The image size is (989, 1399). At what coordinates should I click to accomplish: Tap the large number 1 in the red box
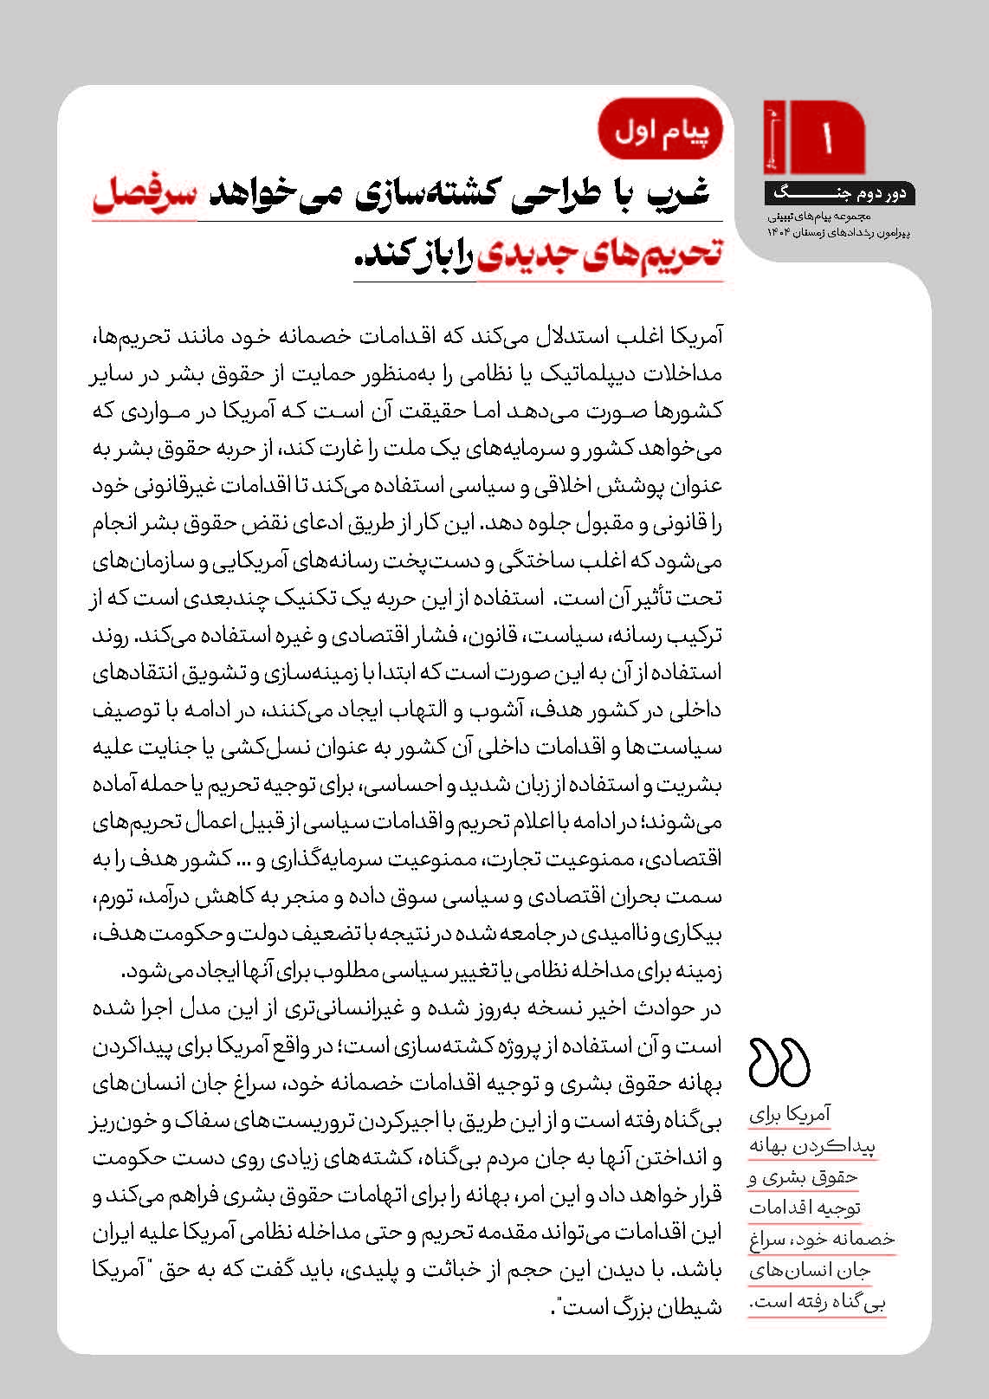(828, 137)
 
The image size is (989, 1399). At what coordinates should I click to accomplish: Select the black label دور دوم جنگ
(839, 193)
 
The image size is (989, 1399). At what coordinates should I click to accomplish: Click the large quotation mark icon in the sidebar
(779, 1062)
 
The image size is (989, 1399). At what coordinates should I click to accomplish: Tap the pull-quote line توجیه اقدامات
(805, 1208)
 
